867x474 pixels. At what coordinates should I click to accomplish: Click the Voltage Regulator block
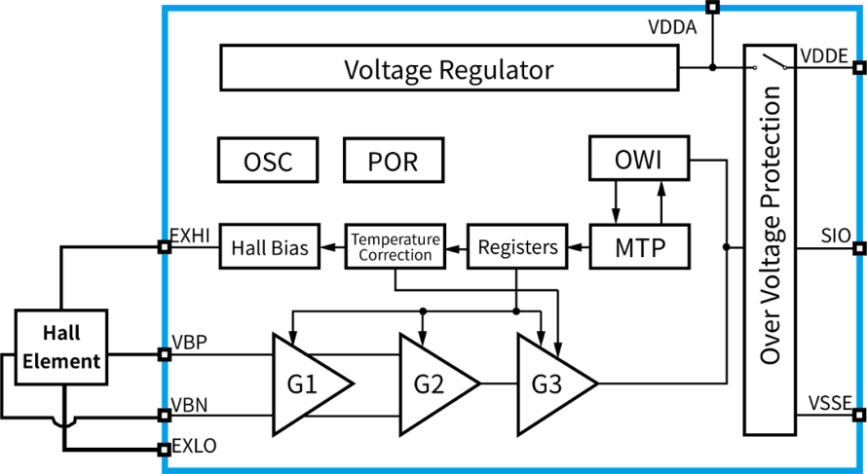point(449,67)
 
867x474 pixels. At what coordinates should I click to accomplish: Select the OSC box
point(268,161)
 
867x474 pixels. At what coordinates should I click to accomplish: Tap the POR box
point(394,161)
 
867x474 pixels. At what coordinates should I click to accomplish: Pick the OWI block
point(639,158)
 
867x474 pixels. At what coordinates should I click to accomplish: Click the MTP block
point(639,246)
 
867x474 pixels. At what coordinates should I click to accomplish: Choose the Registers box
point(517,246)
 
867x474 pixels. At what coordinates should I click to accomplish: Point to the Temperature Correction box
point(396,246)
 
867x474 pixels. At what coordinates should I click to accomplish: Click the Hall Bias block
point(269,246)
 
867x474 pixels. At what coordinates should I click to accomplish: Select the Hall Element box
point(60,346)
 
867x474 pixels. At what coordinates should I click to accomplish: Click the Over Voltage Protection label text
point(770,225)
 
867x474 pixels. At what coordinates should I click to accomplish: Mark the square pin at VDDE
point(859,67)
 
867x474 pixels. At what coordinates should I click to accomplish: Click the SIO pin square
point(859,248)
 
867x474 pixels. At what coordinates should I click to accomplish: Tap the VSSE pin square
point(859,415)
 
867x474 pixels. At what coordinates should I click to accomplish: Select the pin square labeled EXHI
point(164,247)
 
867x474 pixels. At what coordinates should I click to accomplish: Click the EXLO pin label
point(195,445)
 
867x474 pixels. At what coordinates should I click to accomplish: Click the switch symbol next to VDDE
point(770,63)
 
